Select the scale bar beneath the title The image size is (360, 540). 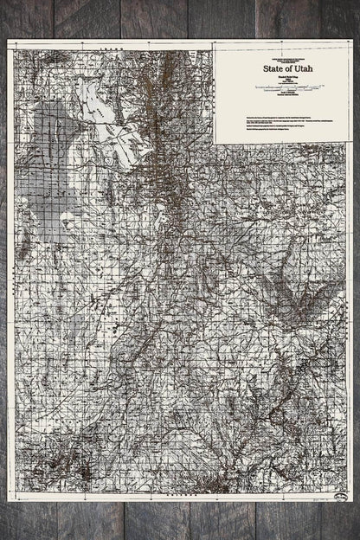[x=282, y=88]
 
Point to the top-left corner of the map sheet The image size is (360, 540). [x=8, y=41]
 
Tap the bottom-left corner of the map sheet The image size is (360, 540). [x=8, y=503]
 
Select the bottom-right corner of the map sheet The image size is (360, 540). [x=351, y=503]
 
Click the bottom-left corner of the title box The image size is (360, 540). [x=215, y=141]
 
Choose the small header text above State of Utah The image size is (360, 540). [x=282, y=55]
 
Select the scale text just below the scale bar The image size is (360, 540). [x=282, y=94]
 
